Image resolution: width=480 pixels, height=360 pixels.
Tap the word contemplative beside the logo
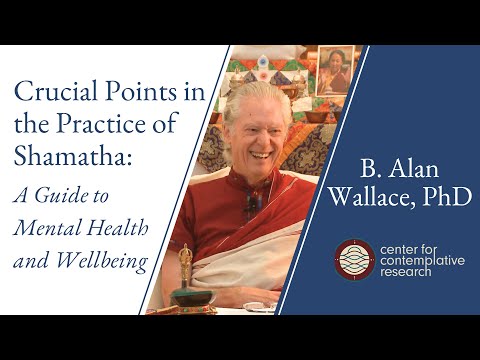coord(418,260)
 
